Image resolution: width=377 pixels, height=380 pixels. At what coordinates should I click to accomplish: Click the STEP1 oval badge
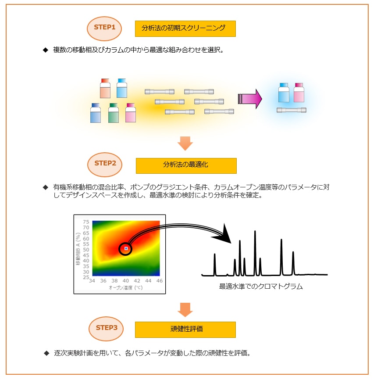pos(104,29)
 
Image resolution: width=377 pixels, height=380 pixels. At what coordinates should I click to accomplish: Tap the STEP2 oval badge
pos(105,165)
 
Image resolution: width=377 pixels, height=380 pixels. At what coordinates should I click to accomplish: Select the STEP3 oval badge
pos(106,329)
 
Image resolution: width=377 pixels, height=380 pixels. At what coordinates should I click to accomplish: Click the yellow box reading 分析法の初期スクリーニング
pos(185,29)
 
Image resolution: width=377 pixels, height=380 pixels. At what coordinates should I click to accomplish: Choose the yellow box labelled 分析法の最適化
pos(186,166)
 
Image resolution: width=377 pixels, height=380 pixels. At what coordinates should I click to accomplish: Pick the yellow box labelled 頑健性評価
pos(185,330)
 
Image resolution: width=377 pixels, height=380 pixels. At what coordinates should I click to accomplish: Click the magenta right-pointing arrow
pos(250,99)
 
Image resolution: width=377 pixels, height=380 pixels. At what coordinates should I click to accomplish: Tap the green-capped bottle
pos(113,113)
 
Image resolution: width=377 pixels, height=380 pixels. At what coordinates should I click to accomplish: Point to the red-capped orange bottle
pos(105,88)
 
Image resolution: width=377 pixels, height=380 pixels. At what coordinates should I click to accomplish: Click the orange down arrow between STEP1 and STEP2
pos(185,143)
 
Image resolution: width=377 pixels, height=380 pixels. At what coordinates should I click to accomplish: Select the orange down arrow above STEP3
pos(185,310)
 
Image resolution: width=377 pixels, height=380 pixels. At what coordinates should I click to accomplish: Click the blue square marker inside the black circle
pos(126,248)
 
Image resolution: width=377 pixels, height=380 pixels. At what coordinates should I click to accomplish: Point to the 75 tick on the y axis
pos(86,222)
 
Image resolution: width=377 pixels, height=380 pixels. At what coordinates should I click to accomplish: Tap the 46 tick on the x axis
pos(159,281)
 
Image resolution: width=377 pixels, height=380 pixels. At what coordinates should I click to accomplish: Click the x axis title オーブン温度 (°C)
pos(125,288)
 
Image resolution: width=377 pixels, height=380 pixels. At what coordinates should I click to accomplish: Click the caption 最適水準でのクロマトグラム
pos(261,287)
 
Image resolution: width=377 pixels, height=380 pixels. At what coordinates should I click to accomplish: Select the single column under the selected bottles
pos(291,110)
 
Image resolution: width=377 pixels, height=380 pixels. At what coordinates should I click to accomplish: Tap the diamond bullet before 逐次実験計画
pos(46,353)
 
